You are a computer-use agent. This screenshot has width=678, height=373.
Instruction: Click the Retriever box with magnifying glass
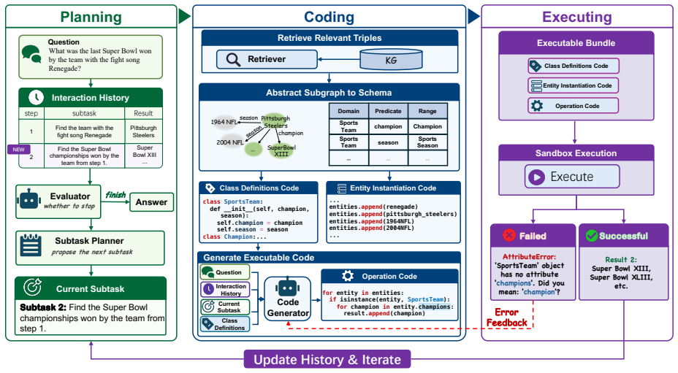[x=267, y=59]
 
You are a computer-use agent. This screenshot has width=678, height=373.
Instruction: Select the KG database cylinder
[x=391, y=59]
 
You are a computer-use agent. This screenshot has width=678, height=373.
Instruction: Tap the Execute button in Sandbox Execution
[x=572, y=177]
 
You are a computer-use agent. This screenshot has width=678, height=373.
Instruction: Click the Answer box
[x=151, y=202]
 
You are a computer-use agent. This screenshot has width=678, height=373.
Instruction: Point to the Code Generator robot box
[x=288, y=300]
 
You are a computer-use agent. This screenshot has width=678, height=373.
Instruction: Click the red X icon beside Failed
[x=509, y=235]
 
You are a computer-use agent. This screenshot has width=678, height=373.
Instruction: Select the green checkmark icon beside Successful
[x=591, y=236]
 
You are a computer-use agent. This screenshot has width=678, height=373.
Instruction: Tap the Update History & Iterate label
[x=327, y=360]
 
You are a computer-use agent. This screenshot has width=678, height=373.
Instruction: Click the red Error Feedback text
[x=506, y=318]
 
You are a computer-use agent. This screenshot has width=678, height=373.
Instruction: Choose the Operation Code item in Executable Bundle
[x=573, y=106]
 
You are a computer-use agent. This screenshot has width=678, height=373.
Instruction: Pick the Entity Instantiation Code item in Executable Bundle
[x=573, y=85]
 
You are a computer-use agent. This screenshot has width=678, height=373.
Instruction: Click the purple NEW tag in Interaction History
[x=18, y=150]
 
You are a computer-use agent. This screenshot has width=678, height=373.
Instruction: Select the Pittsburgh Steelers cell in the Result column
[x=143, y=131]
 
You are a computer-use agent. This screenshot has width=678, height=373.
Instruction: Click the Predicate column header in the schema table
[x=388, y=111]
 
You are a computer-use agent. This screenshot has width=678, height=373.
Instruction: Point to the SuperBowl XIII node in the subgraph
[x=281, y=150]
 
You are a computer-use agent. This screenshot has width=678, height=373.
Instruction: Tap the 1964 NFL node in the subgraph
[x=224, y=122]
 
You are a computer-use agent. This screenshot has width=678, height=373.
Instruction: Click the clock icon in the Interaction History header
[x=37, y=97]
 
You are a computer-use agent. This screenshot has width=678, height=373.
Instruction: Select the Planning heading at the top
[x=91, y=17]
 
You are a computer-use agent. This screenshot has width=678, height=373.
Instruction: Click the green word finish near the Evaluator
[x=115, y=195]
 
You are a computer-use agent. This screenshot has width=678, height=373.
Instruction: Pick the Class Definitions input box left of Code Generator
[x=225, y=324]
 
